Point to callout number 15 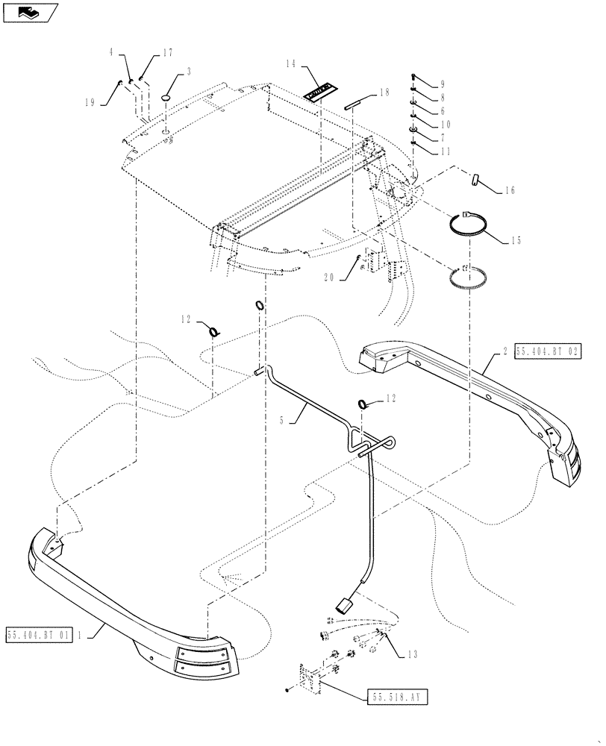tap(517, 241)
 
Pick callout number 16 tap(510, 191)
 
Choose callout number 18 tap(384, 93)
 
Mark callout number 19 tap(90, 103)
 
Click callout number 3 tap(189, 72)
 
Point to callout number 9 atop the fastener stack tap(442, 84)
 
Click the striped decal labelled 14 tap(319, 90)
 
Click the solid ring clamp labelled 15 tap(466, 225)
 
